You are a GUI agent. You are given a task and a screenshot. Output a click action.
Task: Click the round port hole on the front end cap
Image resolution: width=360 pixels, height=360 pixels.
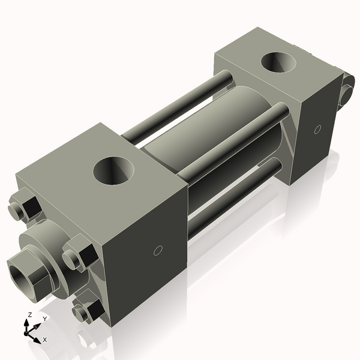click(x=114, y=170)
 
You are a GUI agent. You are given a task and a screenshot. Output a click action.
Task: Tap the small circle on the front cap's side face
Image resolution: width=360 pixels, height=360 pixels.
click(x=158, y=250)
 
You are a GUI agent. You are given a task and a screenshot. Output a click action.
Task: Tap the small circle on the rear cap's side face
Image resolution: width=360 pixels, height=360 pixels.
click(x=317, y=129)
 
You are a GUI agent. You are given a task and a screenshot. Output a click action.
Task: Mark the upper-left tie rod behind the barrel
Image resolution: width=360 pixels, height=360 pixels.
click(x=180, y=105)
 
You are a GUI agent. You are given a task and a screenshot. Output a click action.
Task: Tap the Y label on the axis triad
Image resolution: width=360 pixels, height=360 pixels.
click(x=44, y=319)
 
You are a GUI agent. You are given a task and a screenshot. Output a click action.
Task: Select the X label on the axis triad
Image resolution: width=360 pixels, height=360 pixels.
click(x=45, y=340)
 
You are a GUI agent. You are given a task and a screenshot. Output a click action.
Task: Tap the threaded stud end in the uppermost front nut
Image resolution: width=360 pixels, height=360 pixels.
click(x=16, y=209)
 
